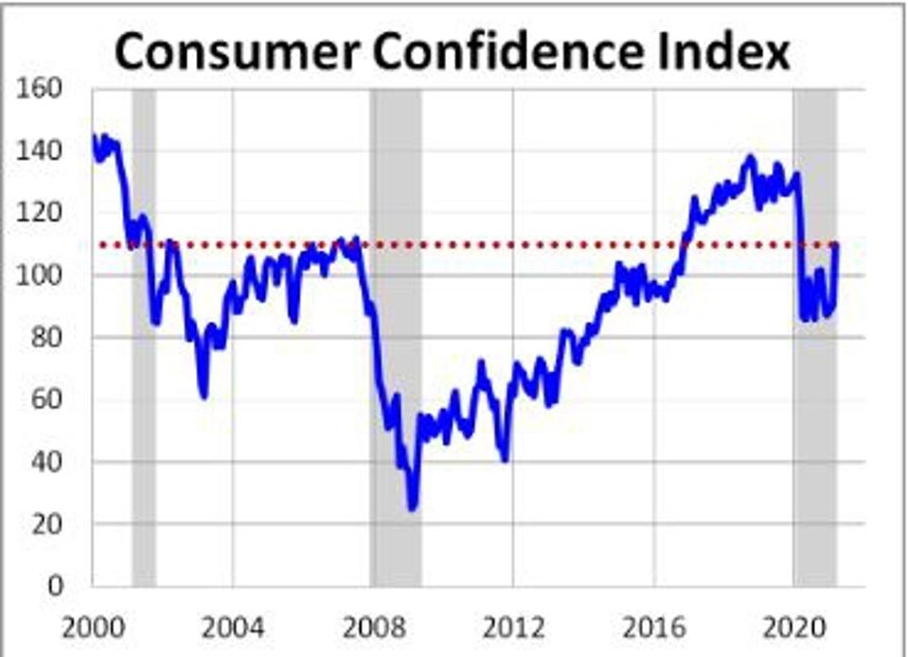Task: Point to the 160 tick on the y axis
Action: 43,88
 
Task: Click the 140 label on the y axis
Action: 43,151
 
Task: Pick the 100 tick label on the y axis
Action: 43,275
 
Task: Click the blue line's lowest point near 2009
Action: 412,508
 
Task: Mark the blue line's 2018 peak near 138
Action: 750,157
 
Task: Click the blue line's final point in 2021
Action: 836,247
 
